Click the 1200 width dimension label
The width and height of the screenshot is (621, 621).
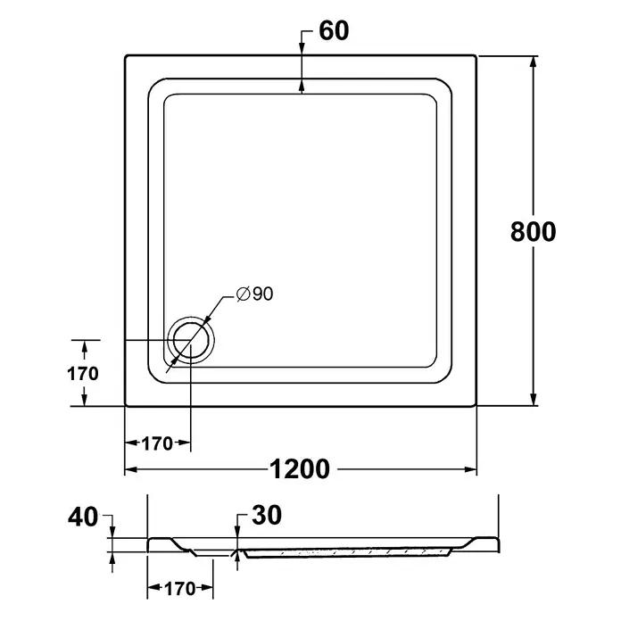300,469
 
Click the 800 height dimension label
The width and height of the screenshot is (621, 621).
533,232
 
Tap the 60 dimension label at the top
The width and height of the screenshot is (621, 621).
334,30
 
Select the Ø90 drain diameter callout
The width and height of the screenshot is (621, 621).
254,294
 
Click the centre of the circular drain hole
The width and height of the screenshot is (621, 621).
191,340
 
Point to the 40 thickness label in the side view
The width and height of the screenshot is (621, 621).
83,517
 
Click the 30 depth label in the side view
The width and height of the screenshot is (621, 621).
267,515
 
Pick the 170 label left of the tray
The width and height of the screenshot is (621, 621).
83,374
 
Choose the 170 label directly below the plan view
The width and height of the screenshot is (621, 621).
157,443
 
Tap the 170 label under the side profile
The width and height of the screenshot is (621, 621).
180,589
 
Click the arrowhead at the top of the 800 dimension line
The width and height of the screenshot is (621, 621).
534,62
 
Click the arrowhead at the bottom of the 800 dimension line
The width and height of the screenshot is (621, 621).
534,399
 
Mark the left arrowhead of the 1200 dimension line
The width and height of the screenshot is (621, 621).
131,469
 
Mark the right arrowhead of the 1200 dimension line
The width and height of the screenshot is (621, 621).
470,469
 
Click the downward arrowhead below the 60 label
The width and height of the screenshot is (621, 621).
302,47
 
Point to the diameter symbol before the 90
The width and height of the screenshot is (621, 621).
243,294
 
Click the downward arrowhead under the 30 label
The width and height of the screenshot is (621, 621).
237,532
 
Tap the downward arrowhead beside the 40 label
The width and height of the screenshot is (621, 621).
112,532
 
